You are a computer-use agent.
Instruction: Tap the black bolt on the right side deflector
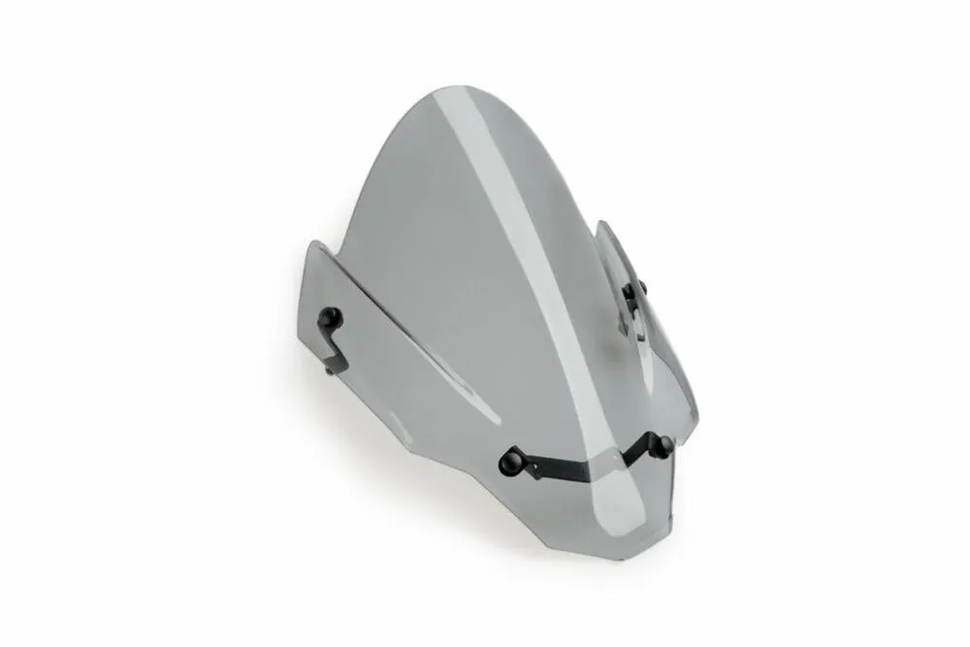point(637,288)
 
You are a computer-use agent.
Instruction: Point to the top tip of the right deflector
point(602,225)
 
